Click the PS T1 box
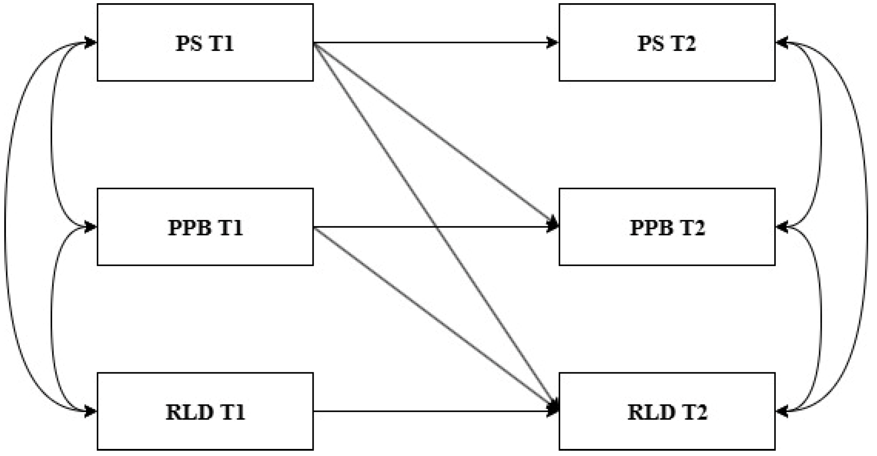tap(205, 42)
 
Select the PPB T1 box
tap(205, 227)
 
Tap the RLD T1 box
tap(205, 411)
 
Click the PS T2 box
tap(667, 42)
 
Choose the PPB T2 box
tap(667, 227)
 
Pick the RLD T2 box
tap(667, 411)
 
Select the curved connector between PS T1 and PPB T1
tap(52, 134)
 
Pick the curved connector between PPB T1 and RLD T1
tap(52, 318)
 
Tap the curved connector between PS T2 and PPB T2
tap(820, 134)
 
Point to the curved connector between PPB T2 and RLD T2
tap(820, 318)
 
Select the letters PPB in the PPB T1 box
tap(190, 228)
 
